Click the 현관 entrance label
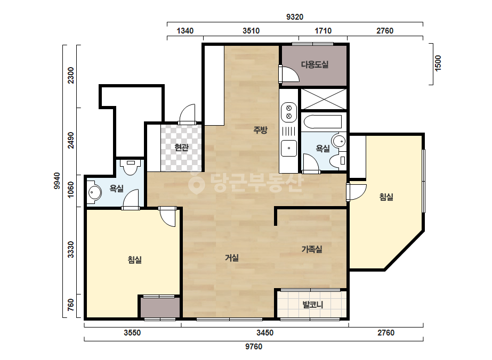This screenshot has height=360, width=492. [181, 147]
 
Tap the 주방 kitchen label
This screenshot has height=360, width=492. [261, 129]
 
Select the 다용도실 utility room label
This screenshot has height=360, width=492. [314, 64]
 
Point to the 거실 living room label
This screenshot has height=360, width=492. [232, 258]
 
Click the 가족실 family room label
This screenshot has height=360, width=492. [312, 249]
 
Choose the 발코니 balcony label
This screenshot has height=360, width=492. [312, 305]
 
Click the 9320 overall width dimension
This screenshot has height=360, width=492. [295, 17]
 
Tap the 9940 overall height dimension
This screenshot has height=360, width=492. [57, 181]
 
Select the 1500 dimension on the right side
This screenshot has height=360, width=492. [438, 63]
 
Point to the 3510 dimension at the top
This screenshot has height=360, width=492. [251, 31]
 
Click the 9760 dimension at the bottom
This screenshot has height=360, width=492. [254, 347]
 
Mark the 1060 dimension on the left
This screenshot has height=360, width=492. [71, 190]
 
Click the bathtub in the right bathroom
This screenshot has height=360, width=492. [323, 122]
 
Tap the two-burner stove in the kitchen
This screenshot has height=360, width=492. [289, 112]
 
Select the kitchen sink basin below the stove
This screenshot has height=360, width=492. [289, 149]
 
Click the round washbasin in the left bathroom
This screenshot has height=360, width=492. [94, 192]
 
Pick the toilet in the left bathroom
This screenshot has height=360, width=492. [131, 167]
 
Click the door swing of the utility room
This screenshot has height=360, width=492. [289, 74]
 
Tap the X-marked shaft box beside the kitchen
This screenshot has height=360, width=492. [324, 99]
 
